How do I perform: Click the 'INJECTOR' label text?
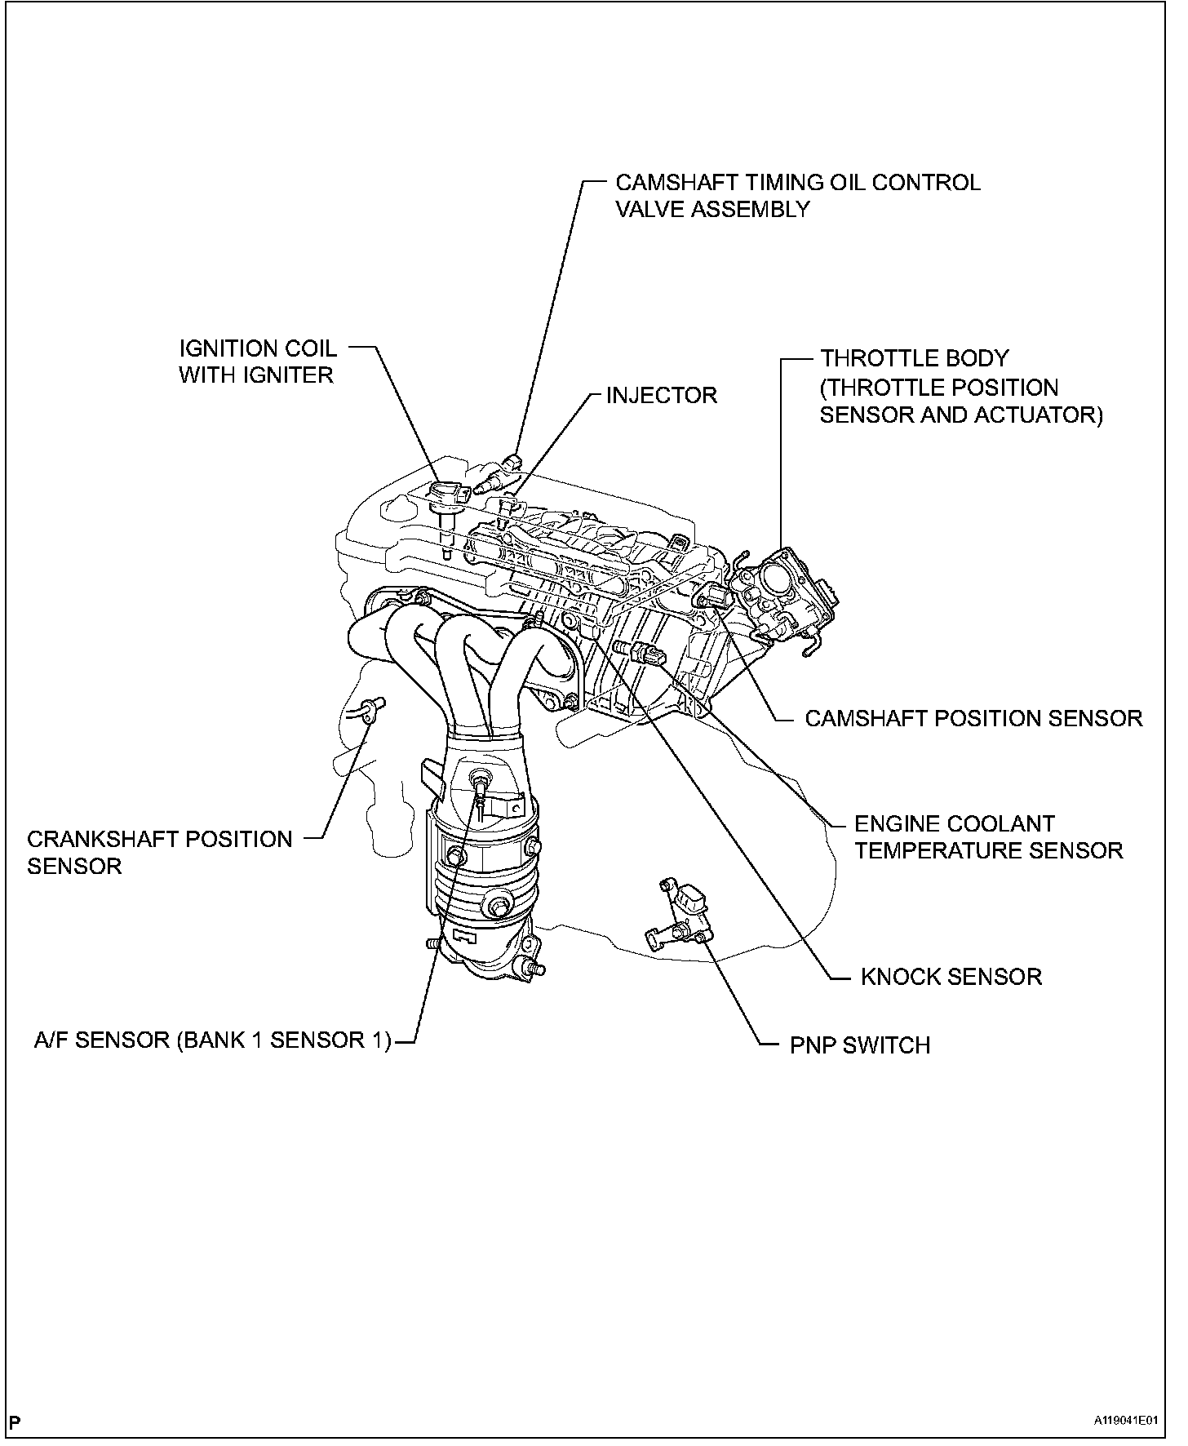click(x=661, y=396)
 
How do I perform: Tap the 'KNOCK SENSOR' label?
click(x=951, y=977)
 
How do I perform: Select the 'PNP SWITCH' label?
click(x=859, y=1045)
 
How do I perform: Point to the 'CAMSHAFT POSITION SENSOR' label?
click(x=973, y=718)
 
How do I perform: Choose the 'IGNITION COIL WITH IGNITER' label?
click(x=257, y=361)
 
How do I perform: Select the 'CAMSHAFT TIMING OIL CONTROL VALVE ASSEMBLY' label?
click(x=797, y=195)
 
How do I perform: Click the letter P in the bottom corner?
click(x=16, y=1422)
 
